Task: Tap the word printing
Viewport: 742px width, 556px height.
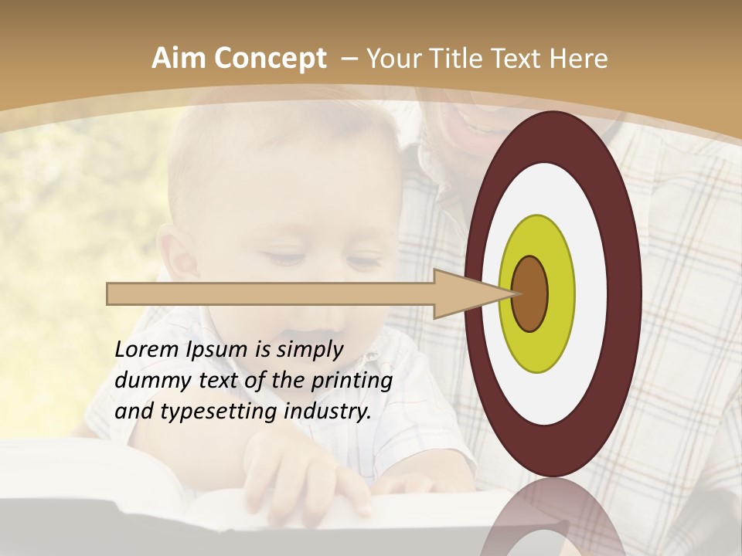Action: [352, 380]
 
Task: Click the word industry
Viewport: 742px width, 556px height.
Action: [328, 411]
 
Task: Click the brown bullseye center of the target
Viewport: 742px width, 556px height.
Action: [529, 293]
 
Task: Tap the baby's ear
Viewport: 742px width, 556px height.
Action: [180, 255]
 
